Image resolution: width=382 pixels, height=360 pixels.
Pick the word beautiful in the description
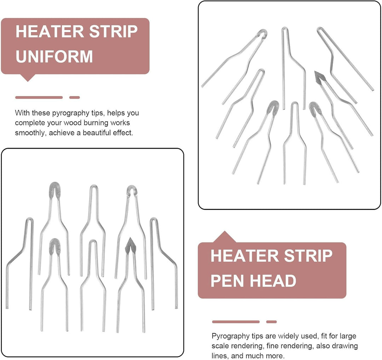(x=97, y=133)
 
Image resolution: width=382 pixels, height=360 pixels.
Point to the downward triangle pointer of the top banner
(x=28, y=78)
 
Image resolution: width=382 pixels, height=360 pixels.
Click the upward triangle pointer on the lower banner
(x=225, y=237)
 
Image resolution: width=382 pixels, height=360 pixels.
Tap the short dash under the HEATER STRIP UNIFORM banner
(x=75, y=98)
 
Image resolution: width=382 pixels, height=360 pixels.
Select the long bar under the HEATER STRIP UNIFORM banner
(x=39, y=98)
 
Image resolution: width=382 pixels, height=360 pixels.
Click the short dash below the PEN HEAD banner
(x=271, y=322)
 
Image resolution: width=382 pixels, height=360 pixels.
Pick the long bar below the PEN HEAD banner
(x=236, y=322)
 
